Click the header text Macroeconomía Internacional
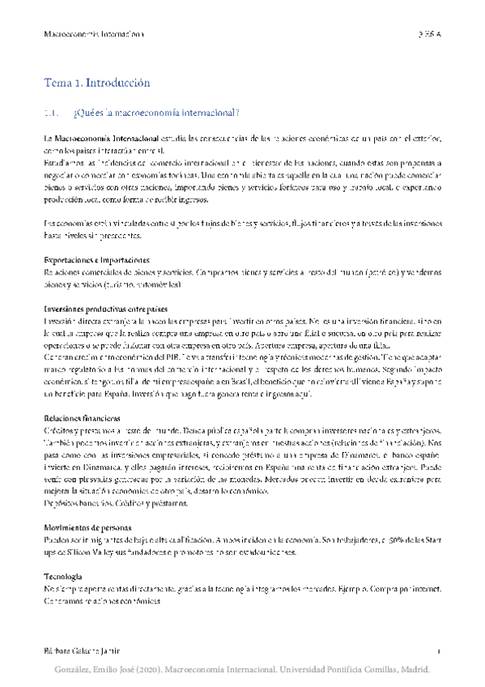[92, 34]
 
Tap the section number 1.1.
[53, 113]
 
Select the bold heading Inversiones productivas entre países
[105, 309]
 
